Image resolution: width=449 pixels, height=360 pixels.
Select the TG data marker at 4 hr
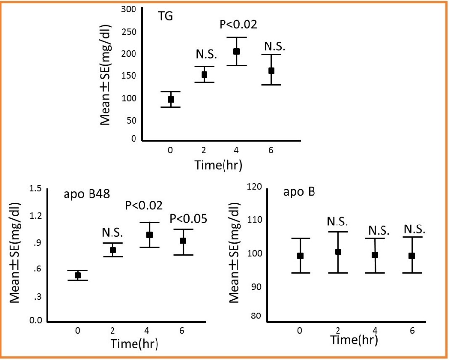[x=236, y=51]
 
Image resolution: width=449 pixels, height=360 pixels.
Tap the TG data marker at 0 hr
[x=171, y=99]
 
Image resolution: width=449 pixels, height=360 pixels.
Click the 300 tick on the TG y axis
[x=129, y=9]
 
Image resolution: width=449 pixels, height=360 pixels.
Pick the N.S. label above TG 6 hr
[x=274, y=46]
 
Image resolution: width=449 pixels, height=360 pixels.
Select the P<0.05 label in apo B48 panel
[x=188, y=219]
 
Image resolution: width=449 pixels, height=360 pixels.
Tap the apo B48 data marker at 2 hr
[x=112, y=250]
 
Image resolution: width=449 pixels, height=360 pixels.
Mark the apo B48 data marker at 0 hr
[x=77, y=275]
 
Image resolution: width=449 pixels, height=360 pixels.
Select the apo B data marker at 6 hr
[x=412, y=255]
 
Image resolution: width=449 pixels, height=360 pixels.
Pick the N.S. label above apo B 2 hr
[x=337, y=223]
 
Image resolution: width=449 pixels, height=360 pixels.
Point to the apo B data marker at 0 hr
[x=300, y=255]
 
